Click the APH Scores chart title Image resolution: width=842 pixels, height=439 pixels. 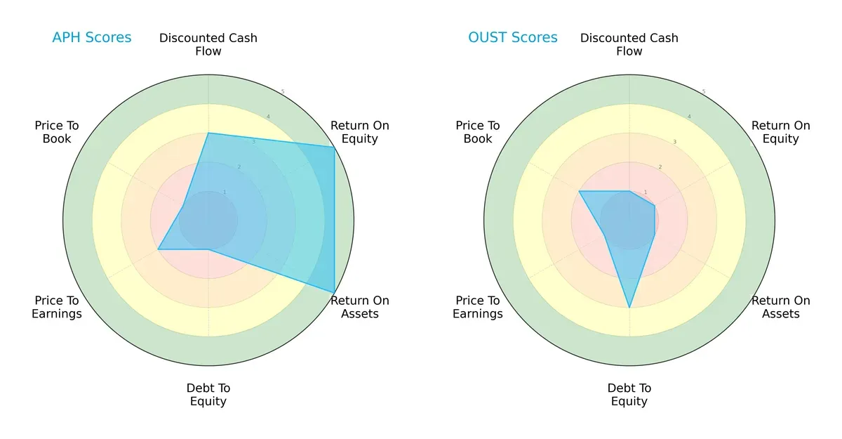pyautogui.click(x=91, y=37)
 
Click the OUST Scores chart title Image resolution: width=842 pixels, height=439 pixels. pyautogui.click(x=513, y=37)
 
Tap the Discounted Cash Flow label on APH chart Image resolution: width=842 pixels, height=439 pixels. pyautogui.click(x=208, y=44)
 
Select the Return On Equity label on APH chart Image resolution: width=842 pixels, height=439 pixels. pyautogui.click(x=360, y=132)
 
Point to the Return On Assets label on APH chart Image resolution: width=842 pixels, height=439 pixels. pyautogui.click(x=360, y=307)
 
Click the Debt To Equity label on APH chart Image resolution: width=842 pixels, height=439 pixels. pyautogui.click(x=208, y=395)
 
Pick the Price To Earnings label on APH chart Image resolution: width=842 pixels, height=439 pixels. pyautogui.click(x=57, y=308)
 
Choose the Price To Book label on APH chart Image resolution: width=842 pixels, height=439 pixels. pyautogui.click(x=57, y=132)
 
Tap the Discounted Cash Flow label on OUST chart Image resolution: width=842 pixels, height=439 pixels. pyautogui.click(x=629, y=44)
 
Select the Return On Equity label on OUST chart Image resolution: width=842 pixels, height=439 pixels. pyautogui.click(x=781, y=132)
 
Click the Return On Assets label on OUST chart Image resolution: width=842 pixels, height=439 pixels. pyautogui.click(x=781, y=307)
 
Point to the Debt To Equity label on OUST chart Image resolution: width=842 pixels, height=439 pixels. pyautogui.click(x=629, y=395)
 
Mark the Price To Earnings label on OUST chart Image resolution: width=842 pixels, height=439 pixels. pyautogui.click(x=478, y=308)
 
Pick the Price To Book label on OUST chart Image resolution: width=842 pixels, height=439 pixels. pyautogui.click(x=478, y=132)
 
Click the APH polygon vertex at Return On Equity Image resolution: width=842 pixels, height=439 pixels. pyautogui.click(x=334, y=147)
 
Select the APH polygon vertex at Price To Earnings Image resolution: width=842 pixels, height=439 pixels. pyautogui.click(x=158, y=249)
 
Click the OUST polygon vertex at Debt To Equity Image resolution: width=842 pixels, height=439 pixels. pyautogui.click(x=629, y=308)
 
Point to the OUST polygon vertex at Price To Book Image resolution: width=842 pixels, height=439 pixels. pyautogui.click(x=579, y=191)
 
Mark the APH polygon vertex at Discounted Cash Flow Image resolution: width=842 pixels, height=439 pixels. pyautogui.click(x=208, y=133)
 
